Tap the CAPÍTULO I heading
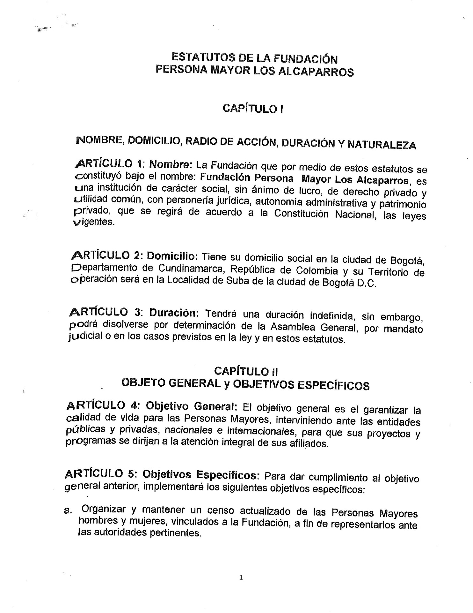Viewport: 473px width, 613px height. pos(253,109)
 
